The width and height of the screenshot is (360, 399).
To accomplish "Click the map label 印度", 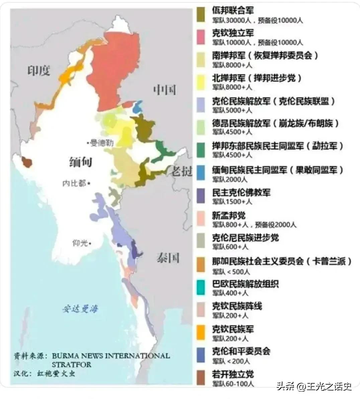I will pyautogui.click(x=39, y=71).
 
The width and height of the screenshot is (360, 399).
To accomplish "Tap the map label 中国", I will pyautogui.click(x=165, y=89).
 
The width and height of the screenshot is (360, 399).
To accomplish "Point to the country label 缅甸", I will pyautogui.click(x=81, y=162).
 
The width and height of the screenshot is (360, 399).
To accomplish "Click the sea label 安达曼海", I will pyautogui.click(x=80, y=309).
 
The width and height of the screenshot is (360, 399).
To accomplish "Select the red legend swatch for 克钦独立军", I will pyautogui.click(x=201, y=37).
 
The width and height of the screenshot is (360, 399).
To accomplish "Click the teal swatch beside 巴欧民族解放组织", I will pyautogui.click(x=201, y=288).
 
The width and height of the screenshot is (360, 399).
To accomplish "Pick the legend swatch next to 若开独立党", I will pyautogui.click(x=201, y=378).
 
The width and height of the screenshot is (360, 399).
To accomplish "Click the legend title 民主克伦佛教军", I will pyautogui.click(x=241, y=193).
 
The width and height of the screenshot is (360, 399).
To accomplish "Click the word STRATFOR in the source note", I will pyautogui.click(x=71, y=364).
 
